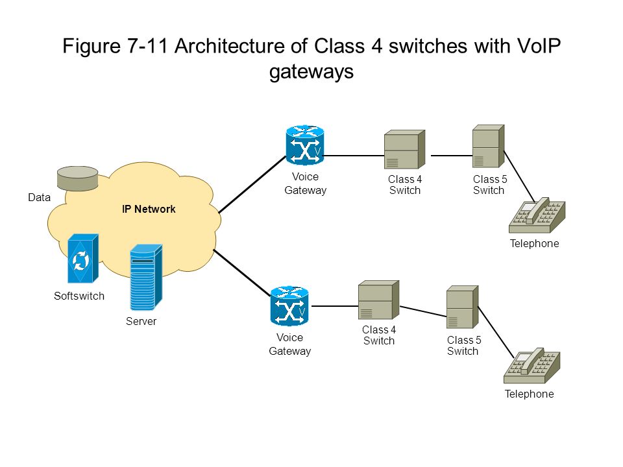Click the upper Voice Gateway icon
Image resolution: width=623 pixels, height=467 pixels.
point(305,145)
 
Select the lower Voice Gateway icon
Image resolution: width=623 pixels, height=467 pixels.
point(289,305)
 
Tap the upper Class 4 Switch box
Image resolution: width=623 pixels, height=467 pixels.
point(404,149)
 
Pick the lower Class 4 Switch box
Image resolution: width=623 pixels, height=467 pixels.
point(378,300)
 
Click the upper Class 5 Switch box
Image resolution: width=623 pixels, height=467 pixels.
point(488,146)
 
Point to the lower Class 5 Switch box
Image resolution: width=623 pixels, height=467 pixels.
point(462,307)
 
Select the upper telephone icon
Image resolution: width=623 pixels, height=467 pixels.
point(537,215)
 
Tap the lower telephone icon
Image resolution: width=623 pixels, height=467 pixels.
point(532,365)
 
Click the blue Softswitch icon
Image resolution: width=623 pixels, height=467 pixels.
point(82,259)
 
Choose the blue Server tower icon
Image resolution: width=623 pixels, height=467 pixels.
point(146,277)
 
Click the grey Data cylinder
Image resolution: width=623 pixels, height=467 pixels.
point(77,178)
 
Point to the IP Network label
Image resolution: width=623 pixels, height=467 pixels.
point(149,209)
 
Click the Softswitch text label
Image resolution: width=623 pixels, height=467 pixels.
point(79,296)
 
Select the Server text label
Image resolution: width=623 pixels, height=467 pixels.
point(141,321)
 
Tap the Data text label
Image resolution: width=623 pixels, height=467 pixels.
point(40,197)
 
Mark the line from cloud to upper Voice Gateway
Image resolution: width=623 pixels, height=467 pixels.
point(252,185)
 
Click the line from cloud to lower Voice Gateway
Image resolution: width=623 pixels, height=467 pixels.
point(242,273)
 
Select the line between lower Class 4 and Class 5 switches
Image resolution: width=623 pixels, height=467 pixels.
point(422,311)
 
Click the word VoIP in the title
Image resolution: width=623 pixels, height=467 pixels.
point(539,46)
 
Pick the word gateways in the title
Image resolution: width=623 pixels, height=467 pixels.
point(311,72)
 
